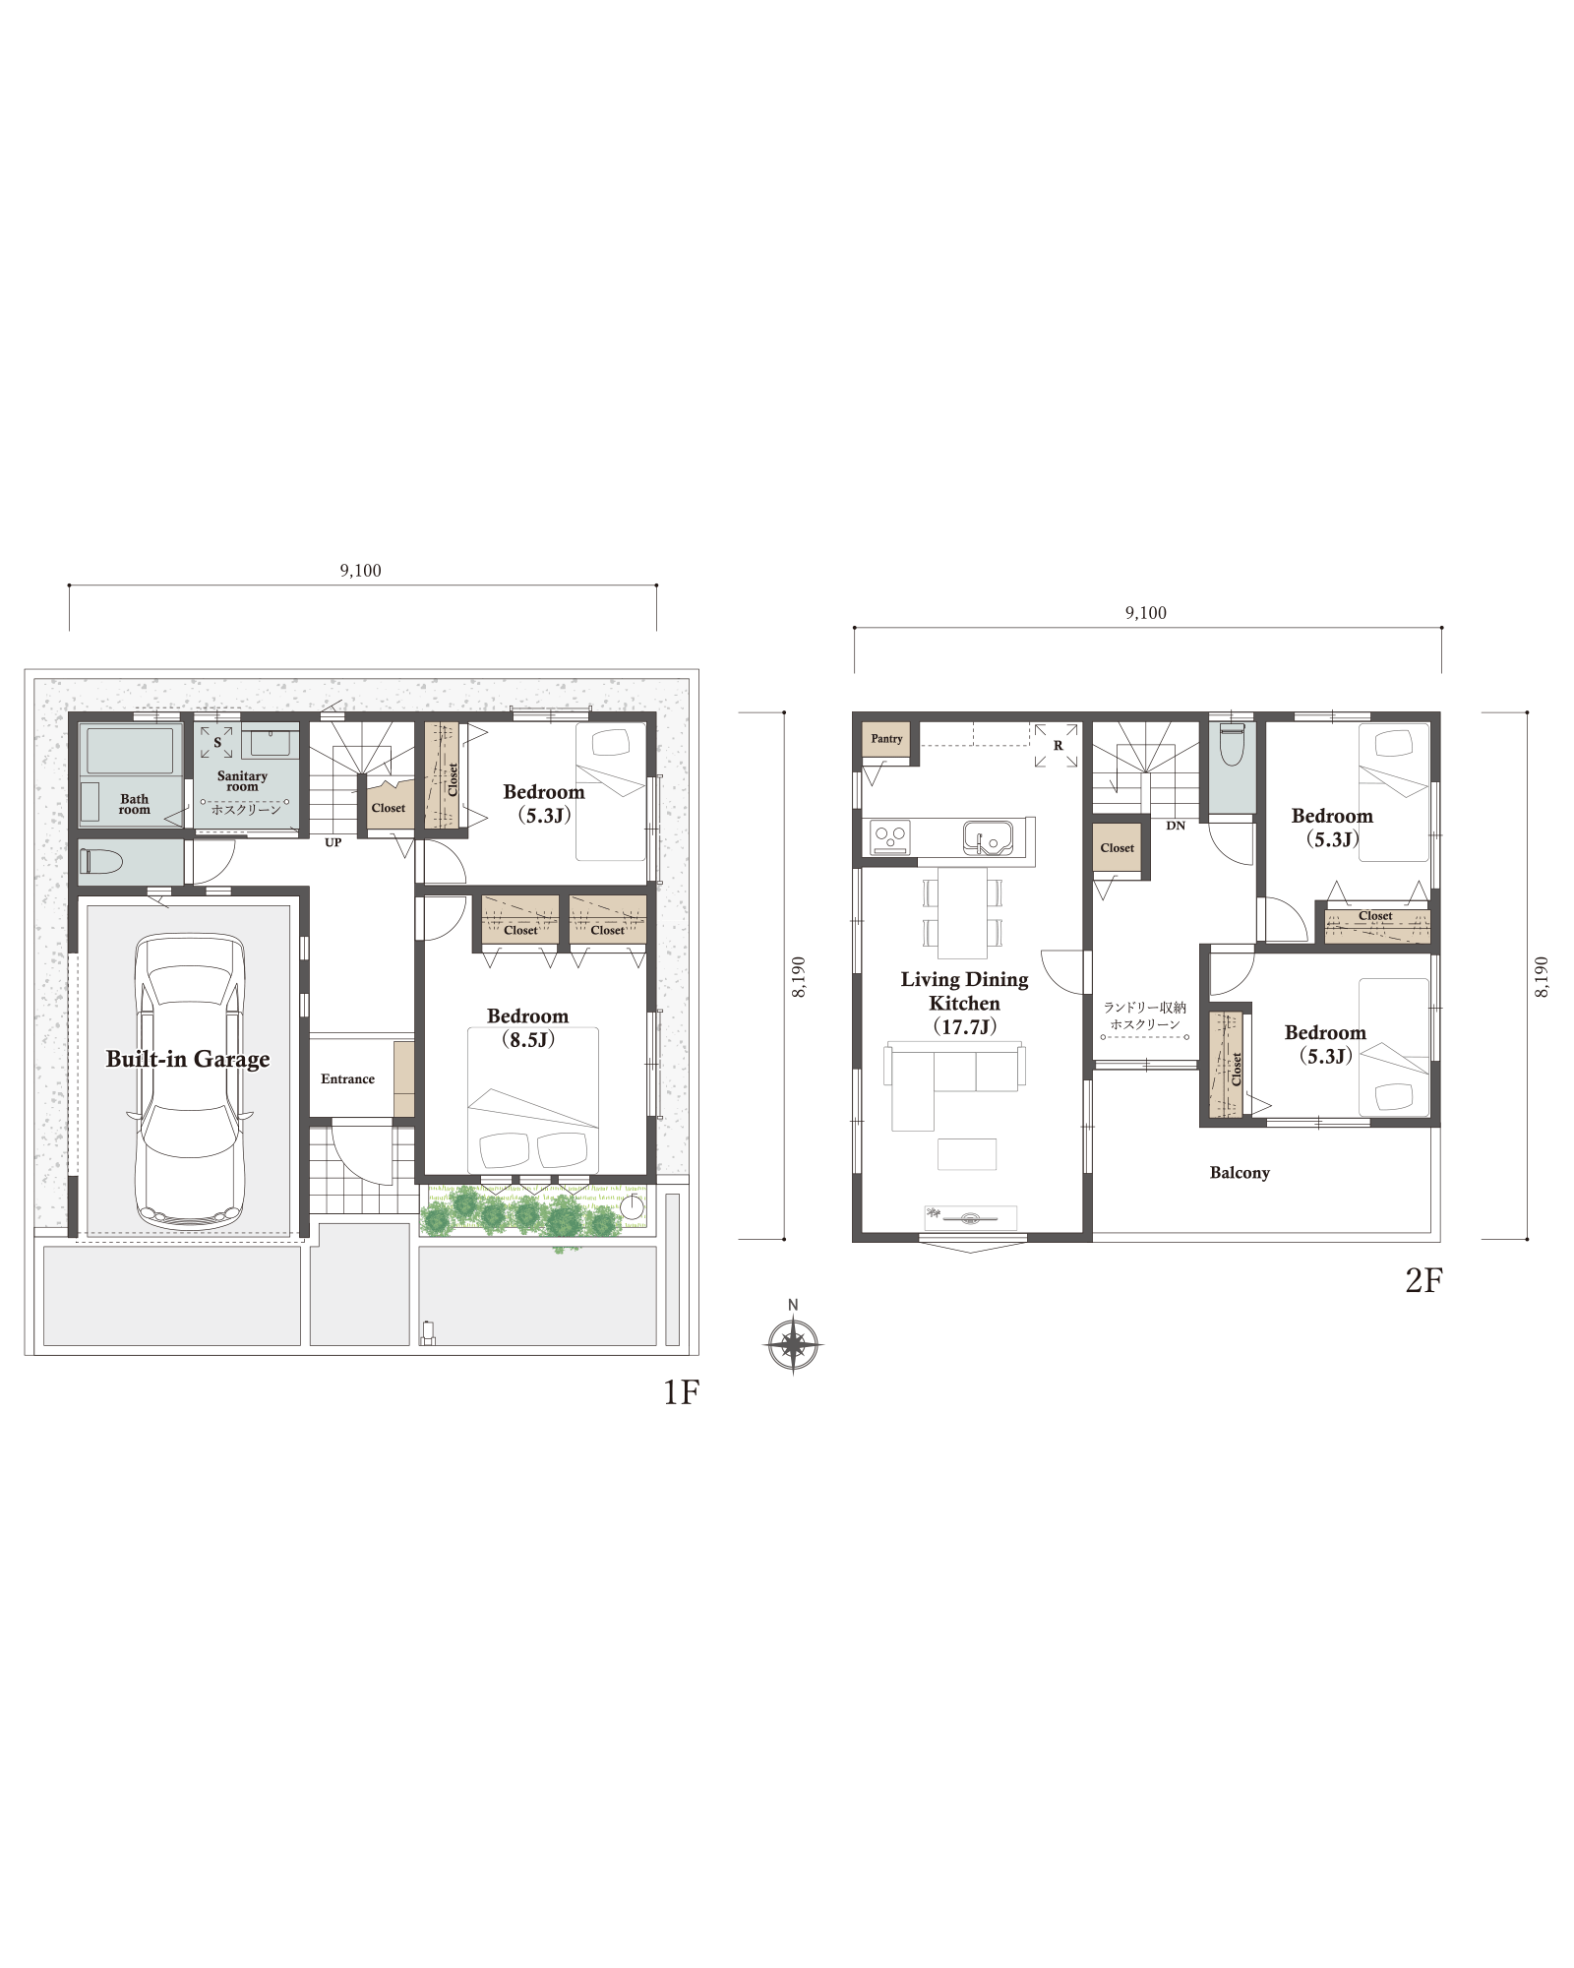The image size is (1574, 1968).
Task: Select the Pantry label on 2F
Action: coord(886,739)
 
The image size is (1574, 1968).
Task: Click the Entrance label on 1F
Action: coord(347,1079)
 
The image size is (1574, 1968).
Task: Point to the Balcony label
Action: coord(1240,1173)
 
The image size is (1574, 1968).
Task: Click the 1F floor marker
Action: coord(681,1392)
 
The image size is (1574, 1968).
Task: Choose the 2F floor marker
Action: coord(1423,1280)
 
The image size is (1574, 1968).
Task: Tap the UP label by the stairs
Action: coord(333,843)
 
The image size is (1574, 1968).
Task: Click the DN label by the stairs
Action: coord(1176,826)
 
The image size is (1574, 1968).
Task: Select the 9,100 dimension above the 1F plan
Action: coord(361,571)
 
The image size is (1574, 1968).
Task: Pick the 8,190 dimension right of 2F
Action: coord(1542,976)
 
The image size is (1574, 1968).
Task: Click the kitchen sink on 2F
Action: coord(988,837)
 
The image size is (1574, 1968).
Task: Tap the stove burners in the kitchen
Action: coord(890,837)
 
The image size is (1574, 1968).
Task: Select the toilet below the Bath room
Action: coord(101,862)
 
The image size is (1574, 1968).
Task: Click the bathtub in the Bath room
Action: coord(130,752)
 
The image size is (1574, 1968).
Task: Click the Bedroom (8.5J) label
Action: coord(528,1028)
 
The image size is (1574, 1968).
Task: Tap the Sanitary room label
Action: coord(242,781)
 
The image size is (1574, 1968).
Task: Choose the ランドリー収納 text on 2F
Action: coord(1145,1008)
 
